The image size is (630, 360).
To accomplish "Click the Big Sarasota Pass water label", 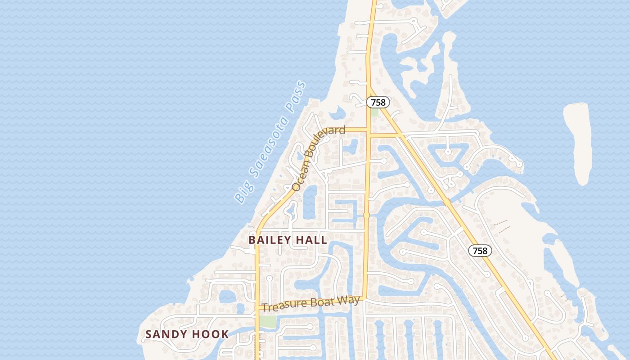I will (270, 142).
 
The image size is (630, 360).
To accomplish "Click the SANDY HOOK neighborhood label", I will (187, 334).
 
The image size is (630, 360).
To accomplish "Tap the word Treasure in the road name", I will (283, 306).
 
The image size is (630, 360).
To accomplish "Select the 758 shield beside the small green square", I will (378, 102).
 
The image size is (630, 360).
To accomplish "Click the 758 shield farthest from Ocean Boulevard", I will (480, 251).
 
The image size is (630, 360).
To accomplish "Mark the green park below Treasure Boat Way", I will (268, 321).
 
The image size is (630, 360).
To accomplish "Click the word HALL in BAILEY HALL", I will (311, 240).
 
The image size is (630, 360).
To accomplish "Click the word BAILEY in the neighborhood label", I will (270, 240).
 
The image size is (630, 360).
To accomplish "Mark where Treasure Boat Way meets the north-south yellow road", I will (364, 297).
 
